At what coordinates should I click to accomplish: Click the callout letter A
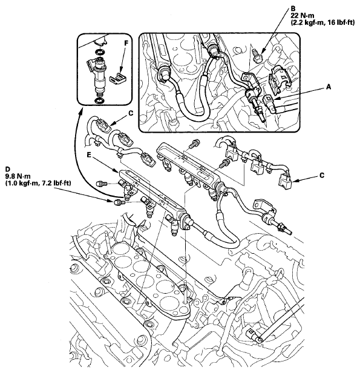[329, 87]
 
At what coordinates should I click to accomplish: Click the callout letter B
[293, 8]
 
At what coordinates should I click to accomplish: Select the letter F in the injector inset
[126, 43]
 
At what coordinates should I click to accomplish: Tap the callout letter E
[89, 155]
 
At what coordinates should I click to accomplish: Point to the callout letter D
[8, 170]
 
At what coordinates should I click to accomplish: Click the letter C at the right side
[322, 176]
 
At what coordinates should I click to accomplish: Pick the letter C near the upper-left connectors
[131, 113]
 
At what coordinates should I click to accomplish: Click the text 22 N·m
[303, 16]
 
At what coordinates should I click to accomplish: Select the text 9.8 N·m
[18, 177]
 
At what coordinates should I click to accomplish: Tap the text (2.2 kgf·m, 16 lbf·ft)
[322, 23]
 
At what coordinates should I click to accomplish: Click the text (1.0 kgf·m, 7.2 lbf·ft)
[38, 183]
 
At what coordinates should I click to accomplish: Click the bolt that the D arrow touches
[118, 202]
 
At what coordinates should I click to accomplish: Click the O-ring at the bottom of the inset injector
[99, 101]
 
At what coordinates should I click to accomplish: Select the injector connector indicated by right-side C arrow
[286, 182]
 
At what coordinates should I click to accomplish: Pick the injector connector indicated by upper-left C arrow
[103, 124]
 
